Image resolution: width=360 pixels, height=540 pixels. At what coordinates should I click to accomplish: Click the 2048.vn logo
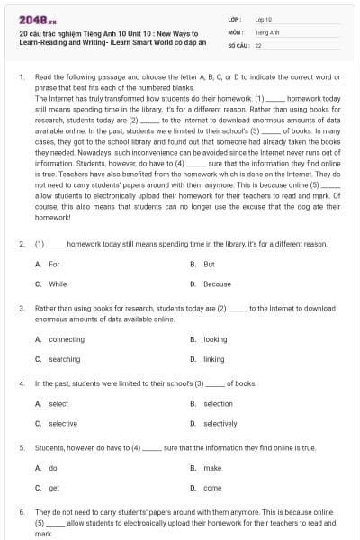33,19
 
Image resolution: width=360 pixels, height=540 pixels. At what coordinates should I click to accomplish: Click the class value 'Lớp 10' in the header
264,18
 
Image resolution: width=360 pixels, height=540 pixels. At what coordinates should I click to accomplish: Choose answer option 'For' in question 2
53,264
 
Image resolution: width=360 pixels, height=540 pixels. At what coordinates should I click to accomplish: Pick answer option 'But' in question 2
209,264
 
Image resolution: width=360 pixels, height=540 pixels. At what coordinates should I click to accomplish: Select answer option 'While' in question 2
57,283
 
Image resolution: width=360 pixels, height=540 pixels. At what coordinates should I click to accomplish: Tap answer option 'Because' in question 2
217,283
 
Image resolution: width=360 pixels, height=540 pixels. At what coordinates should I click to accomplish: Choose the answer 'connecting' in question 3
66,339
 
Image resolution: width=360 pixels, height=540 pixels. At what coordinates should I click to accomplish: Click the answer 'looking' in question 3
215,339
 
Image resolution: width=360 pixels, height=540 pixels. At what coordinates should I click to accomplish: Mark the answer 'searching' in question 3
64,359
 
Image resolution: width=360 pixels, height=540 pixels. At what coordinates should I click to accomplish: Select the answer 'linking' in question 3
213,359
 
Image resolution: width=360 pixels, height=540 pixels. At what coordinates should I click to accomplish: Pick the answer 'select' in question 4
58,403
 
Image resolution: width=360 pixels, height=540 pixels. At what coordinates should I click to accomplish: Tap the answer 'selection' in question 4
218,403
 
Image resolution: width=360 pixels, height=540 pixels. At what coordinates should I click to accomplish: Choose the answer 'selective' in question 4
62,423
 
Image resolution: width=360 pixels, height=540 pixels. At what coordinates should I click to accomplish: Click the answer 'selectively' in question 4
220,423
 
